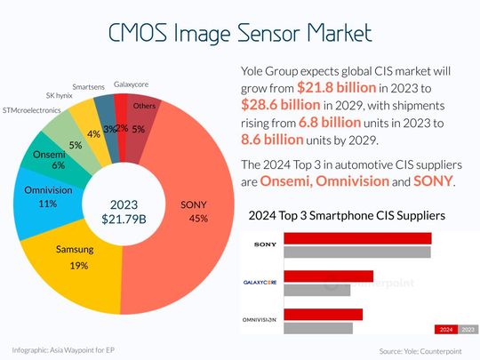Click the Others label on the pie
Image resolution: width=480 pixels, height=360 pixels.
(x=144, y=106)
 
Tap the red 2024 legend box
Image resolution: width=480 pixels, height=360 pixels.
(x=447, y=329)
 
